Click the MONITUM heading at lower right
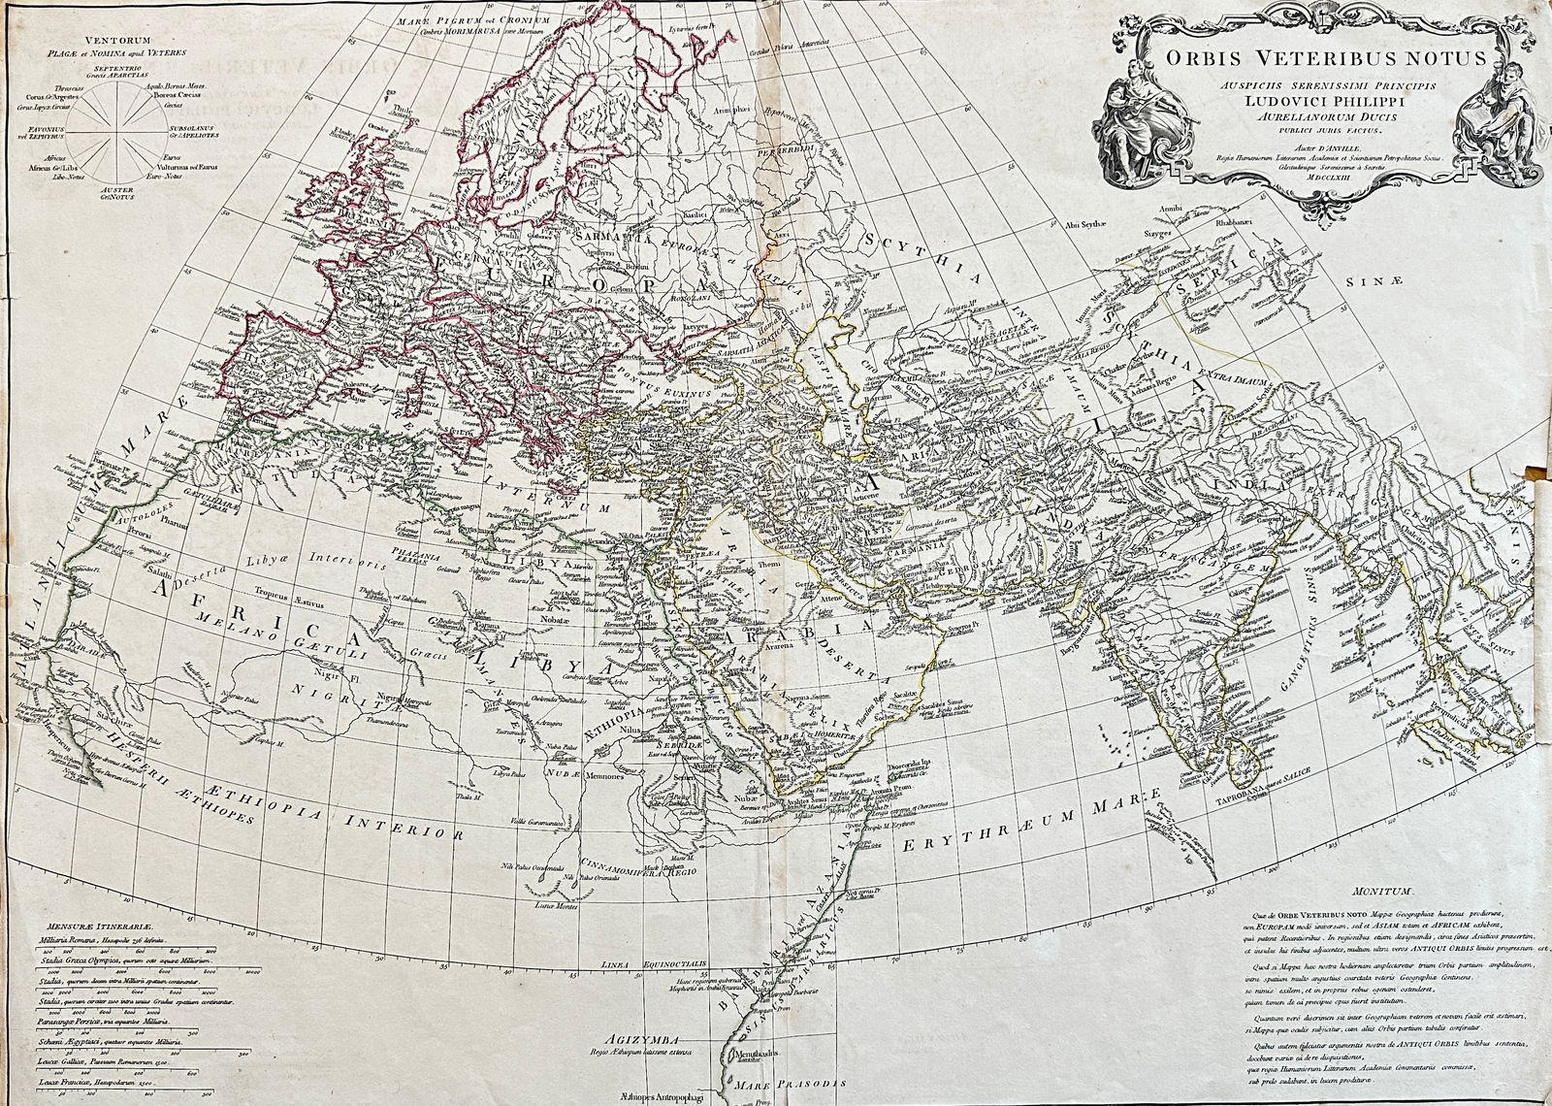pyautogui.click(x=1369, y=890)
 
